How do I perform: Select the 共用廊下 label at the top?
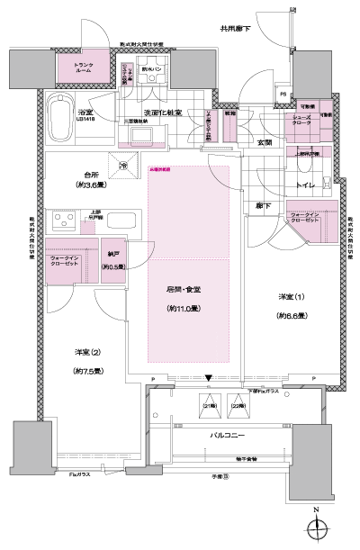pyautogui.click(x=235, y=28)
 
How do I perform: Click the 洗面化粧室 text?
pyautogui.click(x=163, y=113)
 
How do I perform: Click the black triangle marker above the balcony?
pyautogui.click(x=211, y=377)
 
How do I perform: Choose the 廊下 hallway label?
pyautogui.click(x=261, y=206)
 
